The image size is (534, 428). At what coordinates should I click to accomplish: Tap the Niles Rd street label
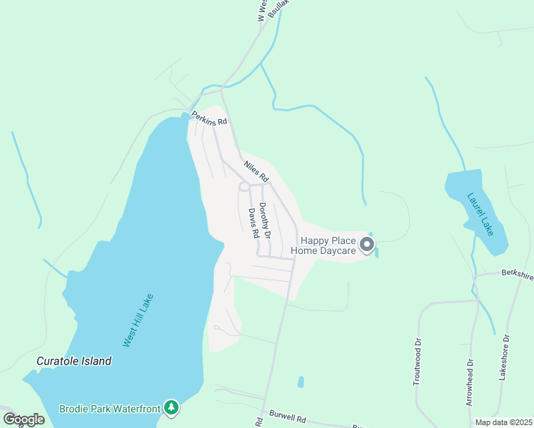(x=255, y=170)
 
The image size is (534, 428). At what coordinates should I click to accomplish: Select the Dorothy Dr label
(x=264, y=220)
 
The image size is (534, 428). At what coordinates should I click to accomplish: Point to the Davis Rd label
(x=253, y=221)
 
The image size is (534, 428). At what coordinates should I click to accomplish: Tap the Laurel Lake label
(x=480, y=214)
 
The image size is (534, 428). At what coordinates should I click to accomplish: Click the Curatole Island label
(x=74, y=361)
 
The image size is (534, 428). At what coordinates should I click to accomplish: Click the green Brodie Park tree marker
(x=171, y=407)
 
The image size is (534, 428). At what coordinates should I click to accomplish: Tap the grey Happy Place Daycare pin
(x=367, y=245)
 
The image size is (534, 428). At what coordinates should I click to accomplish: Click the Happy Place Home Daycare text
(x=328, y=246)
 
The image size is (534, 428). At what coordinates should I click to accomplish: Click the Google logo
(x=24, y=419)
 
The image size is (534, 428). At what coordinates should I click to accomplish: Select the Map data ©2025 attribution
(x=503, y=422)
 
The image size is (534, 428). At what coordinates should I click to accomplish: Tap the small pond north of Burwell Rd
(x=301, y=382)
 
